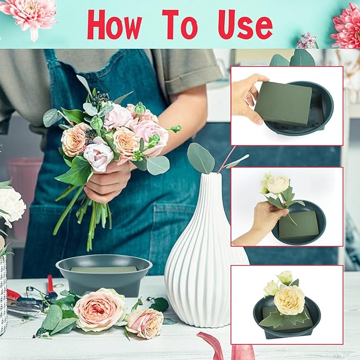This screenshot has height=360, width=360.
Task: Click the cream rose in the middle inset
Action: (278, 185)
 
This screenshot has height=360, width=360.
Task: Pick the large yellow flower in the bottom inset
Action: (289, 300)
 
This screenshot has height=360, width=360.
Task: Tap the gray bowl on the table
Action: (103, 273)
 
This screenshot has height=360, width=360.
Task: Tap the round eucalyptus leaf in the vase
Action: (201, 157)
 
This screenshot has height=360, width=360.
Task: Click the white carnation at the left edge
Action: (11, 205)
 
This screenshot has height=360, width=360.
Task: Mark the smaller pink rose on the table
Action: (145, 321)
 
